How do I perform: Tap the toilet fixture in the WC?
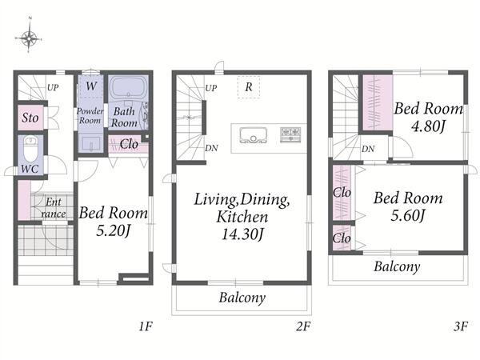click(x=31, y=149)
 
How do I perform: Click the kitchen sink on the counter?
click(x=253, y=135)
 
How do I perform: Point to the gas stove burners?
click(x=290, y=134)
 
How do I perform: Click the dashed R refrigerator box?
click(x=249, y=87)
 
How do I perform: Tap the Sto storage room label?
click(x=30, y=118)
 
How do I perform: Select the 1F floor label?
click(x=146, y=326)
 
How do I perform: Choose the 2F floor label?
click(x=303, y=326)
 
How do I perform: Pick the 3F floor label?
click(x=461, y=326)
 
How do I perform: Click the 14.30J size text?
click(x=242, y=234)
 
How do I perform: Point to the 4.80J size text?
click(x=428, y=126)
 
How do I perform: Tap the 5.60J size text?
click(x=408, y=215)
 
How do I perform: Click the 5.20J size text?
click(x=114, y=230)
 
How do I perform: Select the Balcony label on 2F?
click(x=242, y=298)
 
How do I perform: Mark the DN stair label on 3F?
click(x=368, y=149)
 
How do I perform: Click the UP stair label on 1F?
click(x=53, y=87)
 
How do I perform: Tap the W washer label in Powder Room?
click(x=91, y=86)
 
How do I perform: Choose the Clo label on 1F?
click(x=129, y=144)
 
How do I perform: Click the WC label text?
click(x=30, y=169)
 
